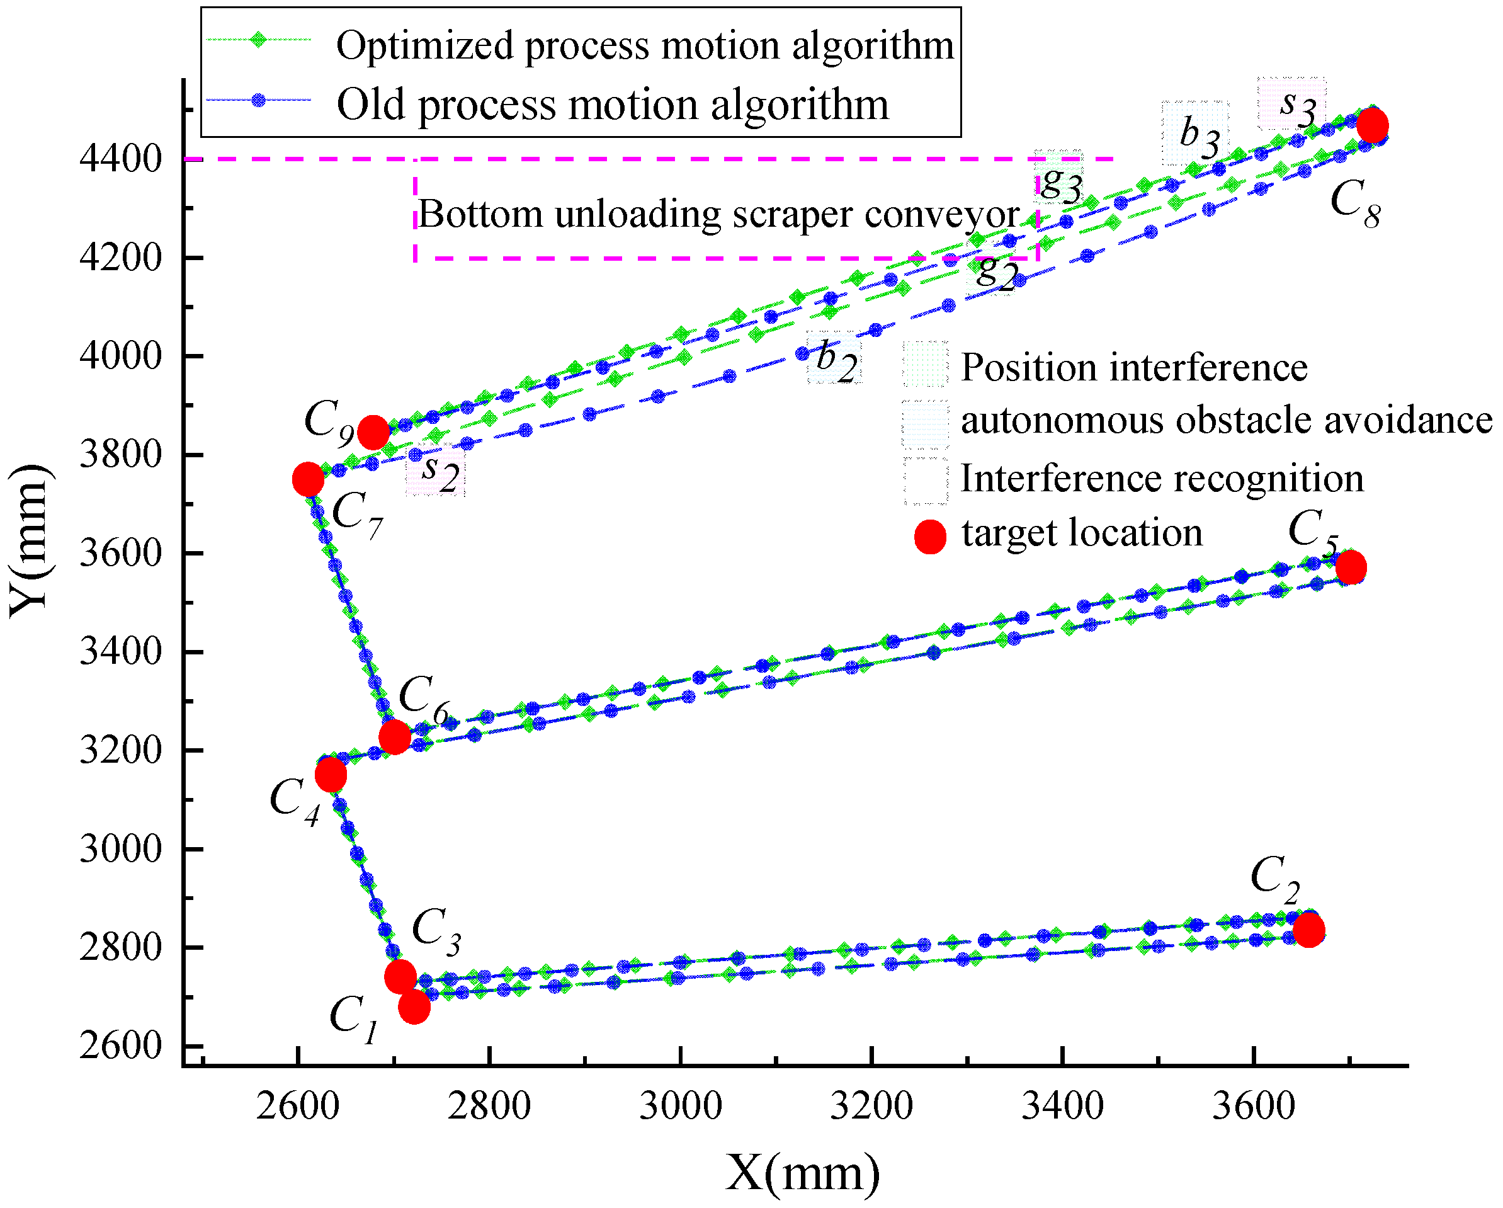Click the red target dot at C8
pyautogui.click(x=1372, y=126)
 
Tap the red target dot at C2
pyautogui.click(x=1308, y=930)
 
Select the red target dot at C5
pyautogui.click(x=1351, y=567)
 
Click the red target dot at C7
pyautogui.click(x=308, y=479)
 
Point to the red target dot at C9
pyautogui.click(x=373, y=433)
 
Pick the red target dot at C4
pyautogui.click(x=331, y=775)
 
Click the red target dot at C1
pyautogui.click(x=414, y=1007)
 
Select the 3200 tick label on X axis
pyautogui.click(x=871, y=1106)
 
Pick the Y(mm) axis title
pyautogui.click(x=29, y=540)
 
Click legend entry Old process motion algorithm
pyautogui.click(x=612, y=105)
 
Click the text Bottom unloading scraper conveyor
pyautogui.click(x=718, y=214)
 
